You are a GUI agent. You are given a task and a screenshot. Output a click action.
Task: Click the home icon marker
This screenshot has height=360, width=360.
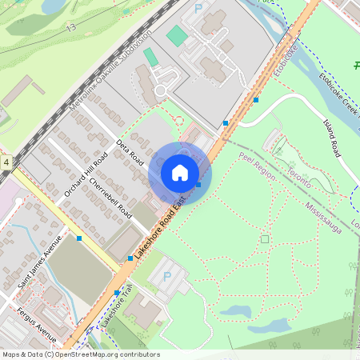point(180,173)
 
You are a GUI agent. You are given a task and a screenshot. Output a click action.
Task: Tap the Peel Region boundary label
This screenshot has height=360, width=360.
point(257,165)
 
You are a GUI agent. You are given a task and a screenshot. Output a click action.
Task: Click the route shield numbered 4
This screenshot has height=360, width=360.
point(6,162)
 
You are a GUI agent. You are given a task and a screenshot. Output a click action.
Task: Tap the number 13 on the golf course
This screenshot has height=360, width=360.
point(71,27)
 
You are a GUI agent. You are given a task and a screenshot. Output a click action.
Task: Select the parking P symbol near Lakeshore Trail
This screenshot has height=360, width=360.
point(167,276)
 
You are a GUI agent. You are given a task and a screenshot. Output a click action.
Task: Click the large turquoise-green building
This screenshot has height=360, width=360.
point(176,34)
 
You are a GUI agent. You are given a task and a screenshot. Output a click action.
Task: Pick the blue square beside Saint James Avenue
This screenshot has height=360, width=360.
point(78,238)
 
